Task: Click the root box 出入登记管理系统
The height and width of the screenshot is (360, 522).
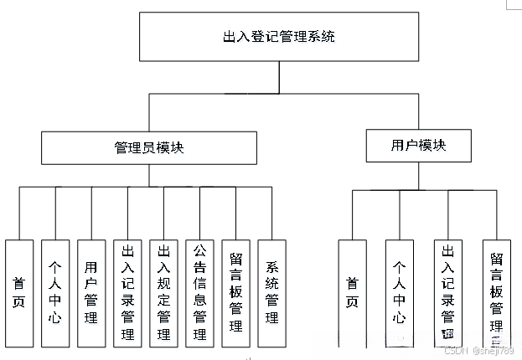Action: pyautogui.click(x=280, y=38)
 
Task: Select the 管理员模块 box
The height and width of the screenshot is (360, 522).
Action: pyautogui.click(x=149, y=147)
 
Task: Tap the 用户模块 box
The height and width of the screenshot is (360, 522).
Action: pyautogui.click(x=418, y=146)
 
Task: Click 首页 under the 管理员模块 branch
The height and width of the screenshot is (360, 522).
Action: pyautogui.click(x=19, y=293)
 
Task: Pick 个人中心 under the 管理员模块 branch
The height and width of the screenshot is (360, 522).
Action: pyautogui.click(x=55, y=293)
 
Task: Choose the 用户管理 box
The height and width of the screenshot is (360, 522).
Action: pyautogui.click(x=91, y=293)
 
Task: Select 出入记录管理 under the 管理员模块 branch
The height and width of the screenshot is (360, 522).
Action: pyautogui.click(x=127, y=293)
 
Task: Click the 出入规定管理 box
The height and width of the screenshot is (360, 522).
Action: pyautogui.click(x=163, y=293)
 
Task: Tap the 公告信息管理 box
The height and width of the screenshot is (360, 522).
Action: pyautogui.click(x=199, y=293)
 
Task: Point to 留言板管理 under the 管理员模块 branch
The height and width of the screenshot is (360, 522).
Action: pyautogui.click(x=235, y=293)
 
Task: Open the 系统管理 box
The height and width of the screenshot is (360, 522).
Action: pyautogui.click(x=272, y=293)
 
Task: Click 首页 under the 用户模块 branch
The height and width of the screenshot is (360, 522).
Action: pyautogui.click(x=352, y=293)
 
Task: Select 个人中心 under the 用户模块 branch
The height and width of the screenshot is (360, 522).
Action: pyautogui.click(x=400, y=293)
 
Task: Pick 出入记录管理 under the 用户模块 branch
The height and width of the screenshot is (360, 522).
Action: pyautogui.click(x=447, y=293)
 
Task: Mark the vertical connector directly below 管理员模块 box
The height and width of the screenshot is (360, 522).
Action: pyautogui.click(x=149, y=175)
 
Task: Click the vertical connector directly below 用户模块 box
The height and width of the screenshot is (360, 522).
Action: pyautogui.click(x=418, y=176)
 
